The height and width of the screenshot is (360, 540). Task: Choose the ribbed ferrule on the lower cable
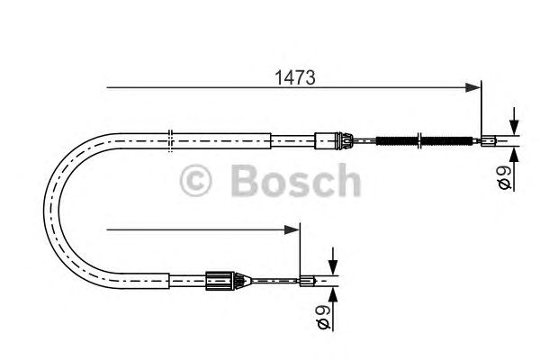tap(221, 281)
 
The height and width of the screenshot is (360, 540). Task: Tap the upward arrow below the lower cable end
tap(332, 294)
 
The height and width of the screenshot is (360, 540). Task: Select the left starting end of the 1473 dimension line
tap(108, 87)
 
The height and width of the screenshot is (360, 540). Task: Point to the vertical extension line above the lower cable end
tap(301, 252)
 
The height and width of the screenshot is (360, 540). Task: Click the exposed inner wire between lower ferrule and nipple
tap(270, 281)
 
